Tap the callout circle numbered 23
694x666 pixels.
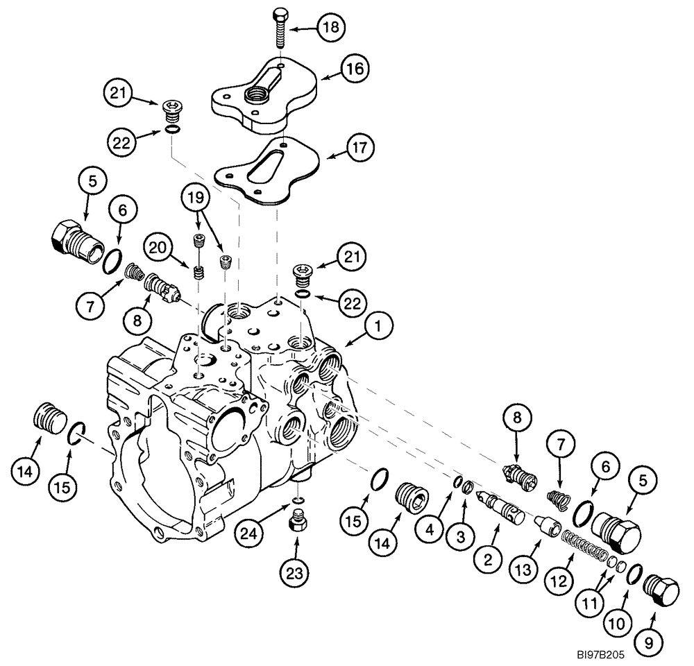294,573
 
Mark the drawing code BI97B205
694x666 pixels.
603,653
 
